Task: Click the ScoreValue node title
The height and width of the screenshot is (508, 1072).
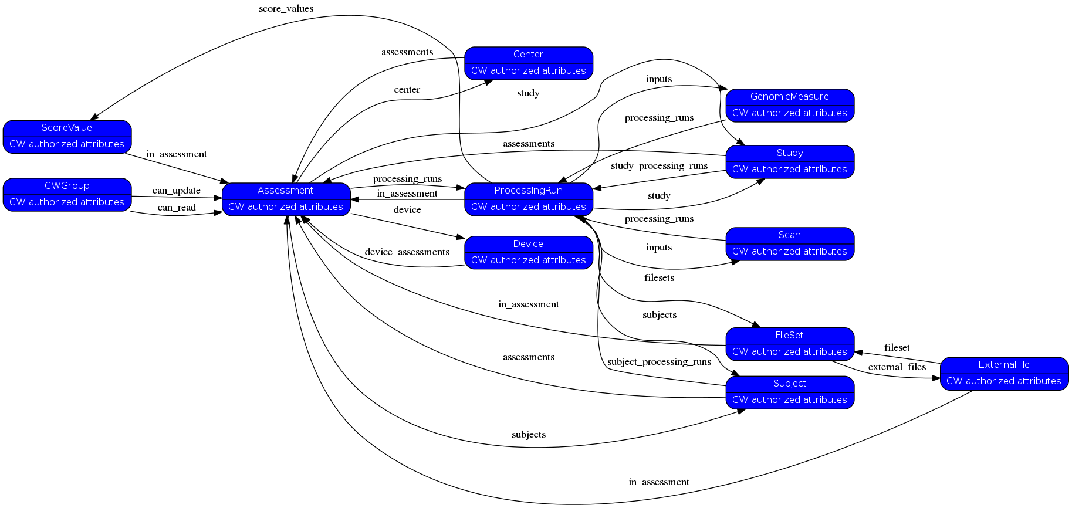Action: (67, 128)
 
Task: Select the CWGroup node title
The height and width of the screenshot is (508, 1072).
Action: (67, 186)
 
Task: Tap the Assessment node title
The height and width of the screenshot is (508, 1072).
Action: (286, 191)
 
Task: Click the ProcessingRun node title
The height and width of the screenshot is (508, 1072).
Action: (528, 191)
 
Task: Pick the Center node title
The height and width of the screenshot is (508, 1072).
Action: (528, 55)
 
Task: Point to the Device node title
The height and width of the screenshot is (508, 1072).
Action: (528, 244)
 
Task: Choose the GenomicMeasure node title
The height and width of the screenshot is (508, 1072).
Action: (789, 97)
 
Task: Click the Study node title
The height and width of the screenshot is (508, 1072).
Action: (789, 153)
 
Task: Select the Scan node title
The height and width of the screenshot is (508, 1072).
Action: (789, 235)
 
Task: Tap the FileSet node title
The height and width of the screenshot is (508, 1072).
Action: (789, 336)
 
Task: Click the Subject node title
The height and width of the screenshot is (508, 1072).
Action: (789, 384)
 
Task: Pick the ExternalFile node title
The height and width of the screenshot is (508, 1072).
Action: (1003, 365)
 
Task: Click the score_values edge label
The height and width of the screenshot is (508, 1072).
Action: (286, 9)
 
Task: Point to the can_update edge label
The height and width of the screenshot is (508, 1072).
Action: (176, 191)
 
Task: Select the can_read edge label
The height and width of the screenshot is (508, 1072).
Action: (176, 208)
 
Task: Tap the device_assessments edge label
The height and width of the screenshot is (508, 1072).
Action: (407, 252)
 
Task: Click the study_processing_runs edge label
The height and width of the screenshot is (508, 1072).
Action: (659, 166)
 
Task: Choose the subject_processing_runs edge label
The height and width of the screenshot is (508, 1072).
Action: (659, 362)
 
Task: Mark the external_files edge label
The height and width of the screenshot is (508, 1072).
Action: (897, 367)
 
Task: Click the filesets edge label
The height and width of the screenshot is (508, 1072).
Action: (659, 278)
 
